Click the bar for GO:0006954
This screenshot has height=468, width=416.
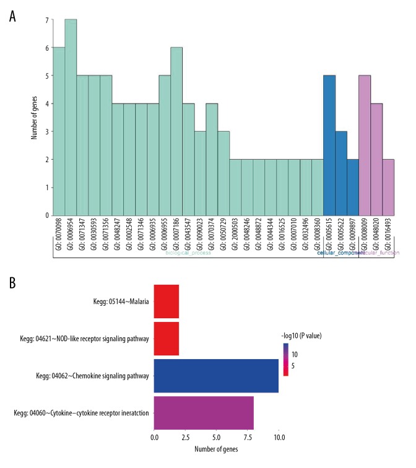click(71, 118)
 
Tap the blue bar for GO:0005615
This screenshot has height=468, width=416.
click(329, 145)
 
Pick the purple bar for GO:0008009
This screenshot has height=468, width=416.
click(365, 145)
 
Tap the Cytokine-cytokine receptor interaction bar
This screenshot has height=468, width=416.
click(204, 413)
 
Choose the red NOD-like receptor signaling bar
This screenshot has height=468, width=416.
click(167, 339)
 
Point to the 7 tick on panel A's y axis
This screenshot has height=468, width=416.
click(46, 20)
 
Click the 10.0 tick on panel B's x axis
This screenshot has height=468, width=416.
click(279, 438)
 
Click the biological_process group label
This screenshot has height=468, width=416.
click(187, 253)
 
